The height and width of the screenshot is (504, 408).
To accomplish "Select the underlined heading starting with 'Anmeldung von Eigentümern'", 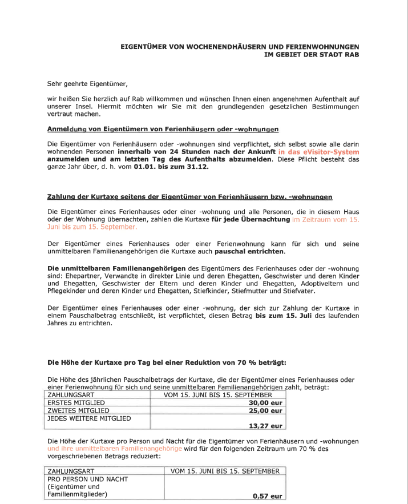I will (x=163, y=130).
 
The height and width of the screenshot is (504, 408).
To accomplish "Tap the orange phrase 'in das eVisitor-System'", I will (x=318, y=152).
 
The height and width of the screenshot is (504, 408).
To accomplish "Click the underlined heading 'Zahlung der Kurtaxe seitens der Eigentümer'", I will (x=189, y=196).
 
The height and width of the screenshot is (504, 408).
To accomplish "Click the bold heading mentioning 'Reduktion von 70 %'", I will (x=167, y=362).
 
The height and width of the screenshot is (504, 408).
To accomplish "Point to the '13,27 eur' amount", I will (x=266, y=425).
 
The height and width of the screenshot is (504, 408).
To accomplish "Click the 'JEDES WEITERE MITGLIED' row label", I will (x=89, y=418).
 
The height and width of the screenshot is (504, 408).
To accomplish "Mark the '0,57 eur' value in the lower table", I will (x=268, y=496).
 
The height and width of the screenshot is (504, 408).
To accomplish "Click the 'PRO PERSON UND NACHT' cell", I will (x=87, y=479).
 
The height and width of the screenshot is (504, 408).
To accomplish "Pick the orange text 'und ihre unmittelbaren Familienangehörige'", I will (x=115, y=449).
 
